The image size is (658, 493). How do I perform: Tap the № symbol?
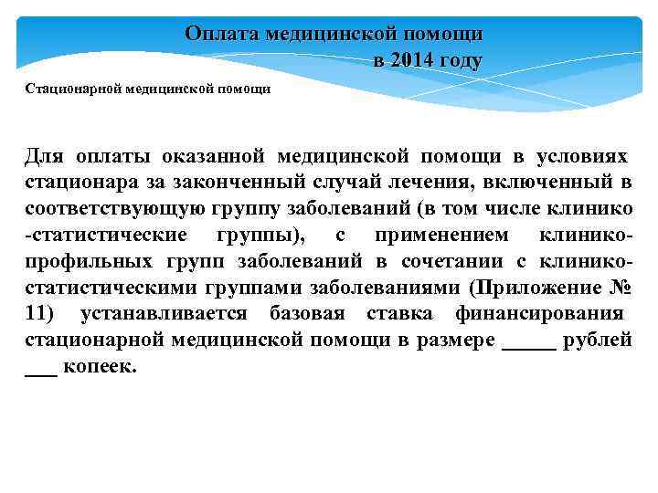click(619, 288)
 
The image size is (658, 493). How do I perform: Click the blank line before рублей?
click(529, 341)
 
